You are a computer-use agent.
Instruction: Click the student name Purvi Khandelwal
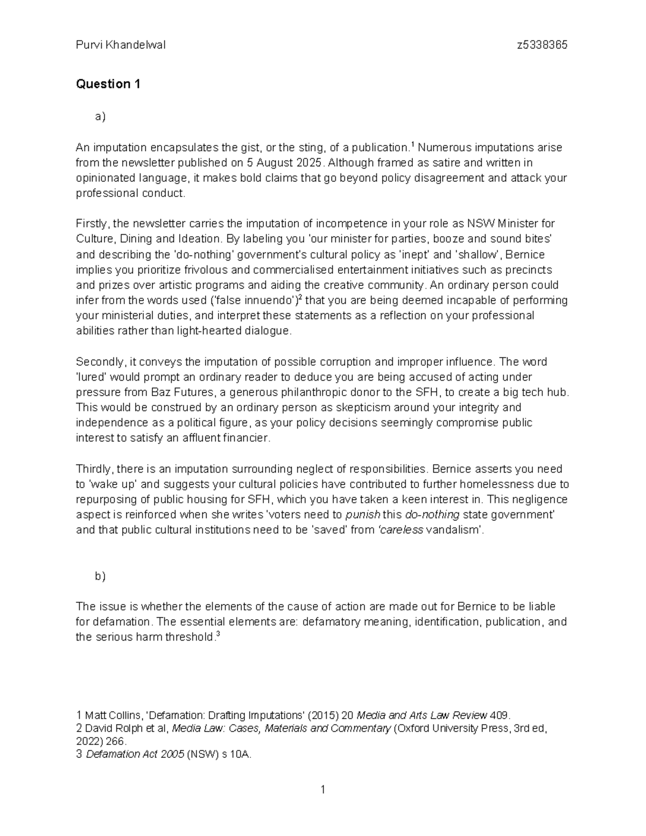pos(121,45)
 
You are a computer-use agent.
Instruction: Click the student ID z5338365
pos(542,45)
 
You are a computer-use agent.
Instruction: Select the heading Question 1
pos(108,84)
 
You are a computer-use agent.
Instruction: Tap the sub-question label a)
pos(100,116)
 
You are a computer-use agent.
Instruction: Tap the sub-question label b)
pos(100,576)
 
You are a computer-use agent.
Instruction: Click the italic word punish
pos(362,515)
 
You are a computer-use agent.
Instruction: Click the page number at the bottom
pos(322,790)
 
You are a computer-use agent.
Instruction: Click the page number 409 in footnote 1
pos(498,715)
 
